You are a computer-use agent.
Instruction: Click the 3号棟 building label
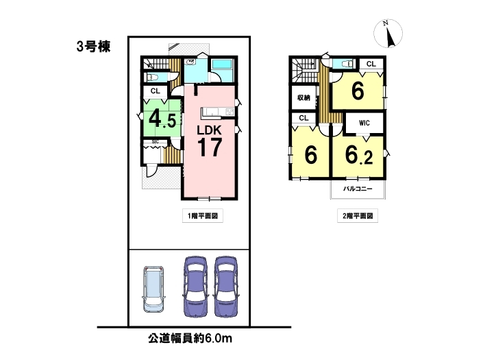click(x=93, y=47)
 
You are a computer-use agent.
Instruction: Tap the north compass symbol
click(x=388, y=34)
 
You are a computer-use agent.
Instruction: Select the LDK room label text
click(x=209, y=130)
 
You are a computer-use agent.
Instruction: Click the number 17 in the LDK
click(x=210, y=147)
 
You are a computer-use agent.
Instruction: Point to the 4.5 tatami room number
click(x=162, y=119)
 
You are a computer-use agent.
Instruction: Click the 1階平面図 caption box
click(x=203, y=216)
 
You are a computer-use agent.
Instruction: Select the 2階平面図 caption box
click(x=358, y=216)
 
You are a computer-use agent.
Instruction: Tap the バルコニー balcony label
click(x=358, y=189)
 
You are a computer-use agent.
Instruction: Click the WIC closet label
click(x=364, y=123)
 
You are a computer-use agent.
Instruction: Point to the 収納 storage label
click(x=304, y=97)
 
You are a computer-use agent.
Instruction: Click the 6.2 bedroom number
click(x=359, y=155)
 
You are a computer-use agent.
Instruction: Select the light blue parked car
click(x=153, y=289)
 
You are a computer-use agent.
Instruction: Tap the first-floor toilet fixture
click(x=153, y=77)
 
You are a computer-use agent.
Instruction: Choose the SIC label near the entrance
click(x=156, y=142)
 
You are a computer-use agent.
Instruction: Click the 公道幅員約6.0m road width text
click(x=190, y=339)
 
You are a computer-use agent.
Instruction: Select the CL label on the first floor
click(x=156, y=91)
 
